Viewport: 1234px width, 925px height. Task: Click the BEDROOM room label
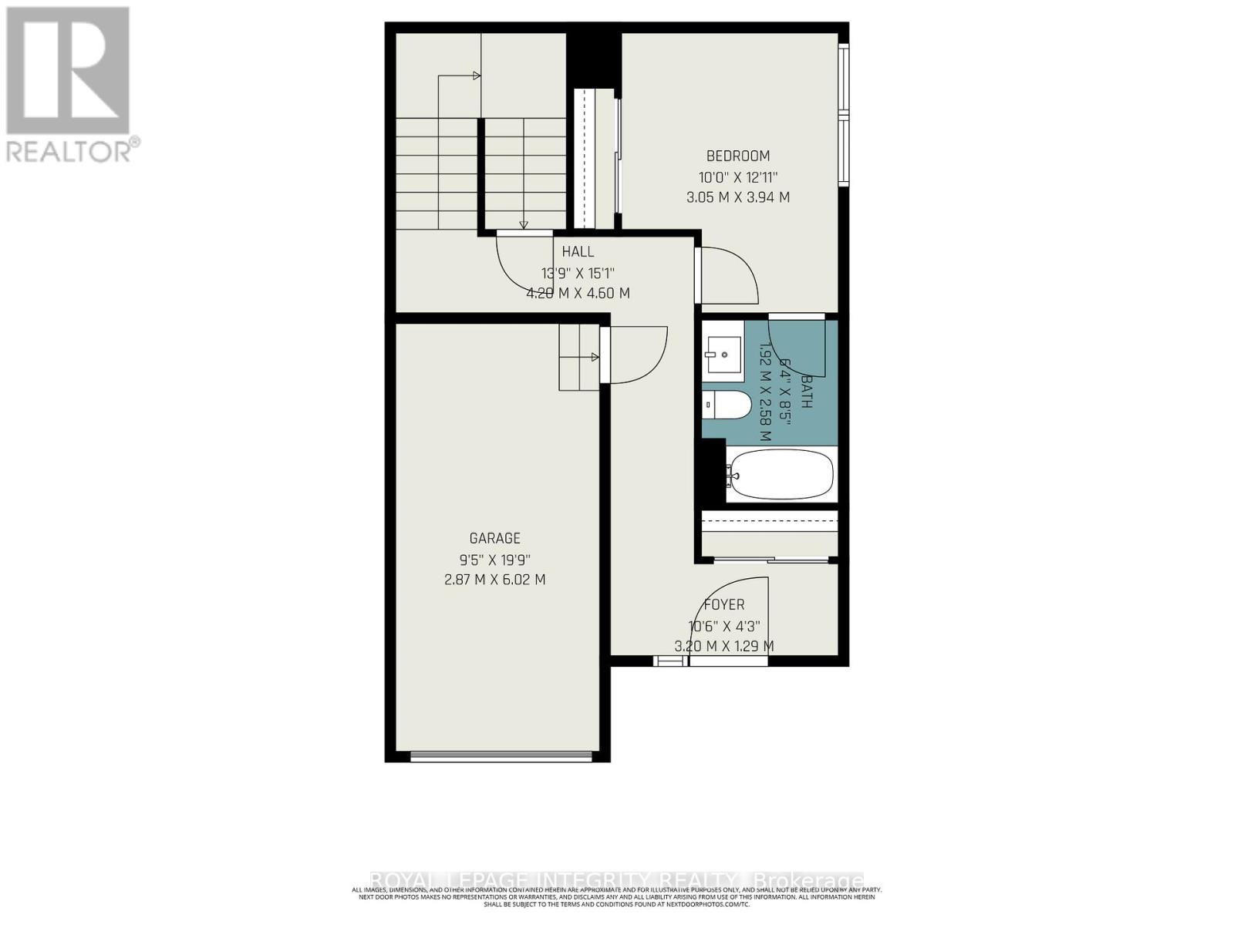click(737, 156)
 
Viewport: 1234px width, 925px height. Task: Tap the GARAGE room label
click(494, 539)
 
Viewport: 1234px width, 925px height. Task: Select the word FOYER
click(723, 605)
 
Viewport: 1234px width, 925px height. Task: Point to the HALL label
click(578, 252)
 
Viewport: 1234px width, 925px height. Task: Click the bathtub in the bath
click(780, 474)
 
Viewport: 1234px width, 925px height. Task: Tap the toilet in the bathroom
click(727, 405)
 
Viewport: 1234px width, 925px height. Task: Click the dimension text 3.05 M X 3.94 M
click(737, 197)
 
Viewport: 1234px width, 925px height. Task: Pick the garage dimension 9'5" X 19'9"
click(494, 560)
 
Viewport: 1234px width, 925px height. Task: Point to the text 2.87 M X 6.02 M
click(494, 580)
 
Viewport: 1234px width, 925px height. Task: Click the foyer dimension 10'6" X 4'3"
click(723, 627)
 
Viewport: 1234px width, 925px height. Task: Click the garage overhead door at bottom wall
click(502, 756)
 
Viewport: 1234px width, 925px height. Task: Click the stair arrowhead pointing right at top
click(477, 76)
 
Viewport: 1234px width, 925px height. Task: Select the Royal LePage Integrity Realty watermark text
click(617, 880)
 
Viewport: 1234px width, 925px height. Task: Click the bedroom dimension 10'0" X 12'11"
click(737, 177)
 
